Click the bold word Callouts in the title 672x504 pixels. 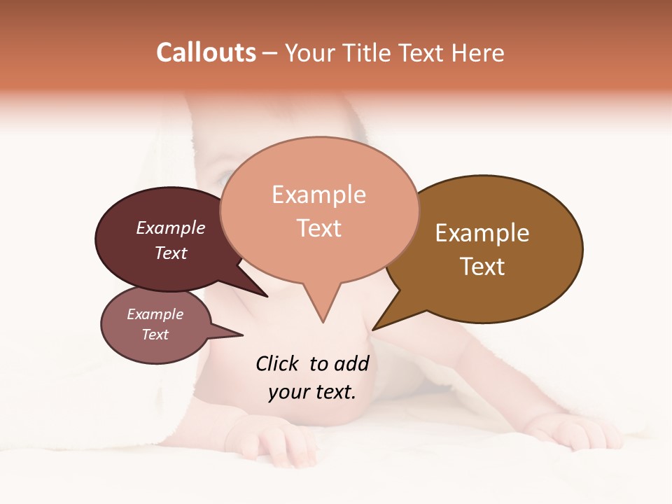206,52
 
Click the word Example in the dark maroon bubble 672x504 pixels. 171,227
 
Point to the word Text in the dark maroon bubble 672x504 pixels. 171,253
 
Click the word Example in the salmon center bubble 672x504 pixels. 318,195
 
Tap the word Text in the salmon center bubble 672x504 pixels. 318,228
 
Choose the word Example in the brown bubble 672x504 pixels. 482,233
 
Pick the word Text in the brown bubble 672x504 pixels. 482,267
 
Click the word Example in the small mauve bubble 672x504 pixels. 155,314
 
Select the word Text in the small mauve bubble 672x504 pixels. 155,335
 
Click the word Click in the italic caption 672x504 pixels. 276,363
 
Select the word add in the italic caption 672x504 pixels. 351,363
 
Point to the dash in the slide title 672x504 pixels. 271,54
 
